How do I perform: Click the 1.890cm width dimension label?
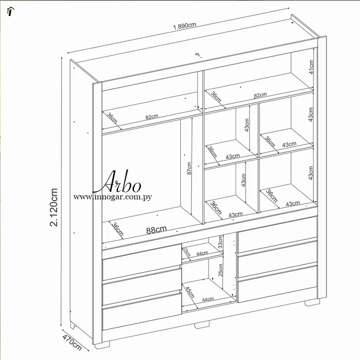click(184, 25)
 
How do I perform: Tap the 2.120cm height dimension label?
click(53, 207)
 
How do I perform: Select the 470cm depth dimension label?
click(72, 342)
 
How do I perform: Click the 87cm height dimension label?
click(189, 168)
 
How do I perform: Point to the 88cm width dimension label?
click(156, 229)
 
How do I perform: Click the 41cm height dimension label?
click(311, 67)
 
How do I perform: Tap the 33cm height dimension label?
click(220, 242)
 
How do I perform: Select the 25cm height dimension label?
click(220, 270)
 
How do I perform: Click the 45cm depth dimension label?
click(190, 292)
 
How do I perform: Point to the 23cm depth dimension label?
click(187, 252)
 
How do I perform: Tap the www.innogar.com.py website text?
click(112, 197)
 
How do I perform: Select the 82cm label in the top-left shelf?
click(152, 117)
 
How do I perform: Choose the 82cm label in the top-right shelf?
click(260, 95)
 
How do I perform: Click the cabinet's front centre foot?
click(202, 325)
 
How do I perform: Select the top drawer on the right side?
click(277, 234)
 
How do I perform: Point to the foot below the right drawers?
click(312, 302)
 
